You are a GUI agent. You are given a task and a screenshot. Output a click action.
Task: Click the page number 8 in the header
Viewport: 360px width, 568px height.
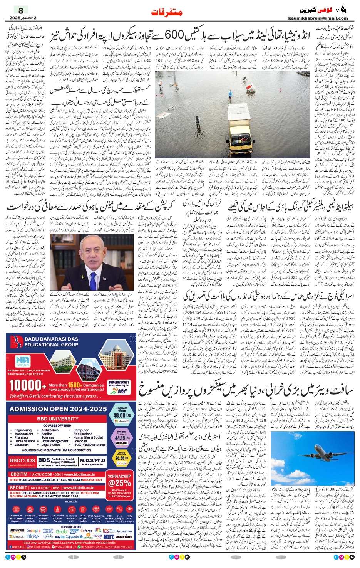pyautogui.click(x=21, y=11)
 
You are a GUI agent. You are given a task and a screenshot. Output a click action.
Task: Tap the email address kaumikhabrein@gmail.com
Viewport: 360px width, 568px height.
pyautogui.click(x=318, y=18)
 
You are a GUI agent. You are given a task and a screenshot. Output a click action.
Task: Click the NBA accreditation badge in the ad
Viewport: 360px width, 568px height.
pyautogui.click(x=22, y=361)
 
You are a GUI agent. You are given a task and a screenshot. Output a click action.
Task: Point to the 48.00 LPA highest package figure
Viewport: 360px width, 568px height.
pyautogui.click(x=122, y=415)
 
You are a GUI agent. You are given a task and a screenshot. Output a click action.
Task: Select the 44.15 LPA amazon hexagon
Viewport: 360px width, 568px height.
pyautogui.click(x=122, y=438)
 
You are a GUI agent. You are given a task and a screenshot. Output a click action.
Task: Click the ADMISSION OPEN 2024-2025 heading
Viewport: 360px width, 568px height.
pyautogui.click(x=58, y=409)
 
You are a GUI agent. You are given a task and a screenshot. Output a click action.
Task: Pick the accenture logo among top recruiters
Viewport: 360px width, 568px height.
pyautogui.click(x=124, y=536)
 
